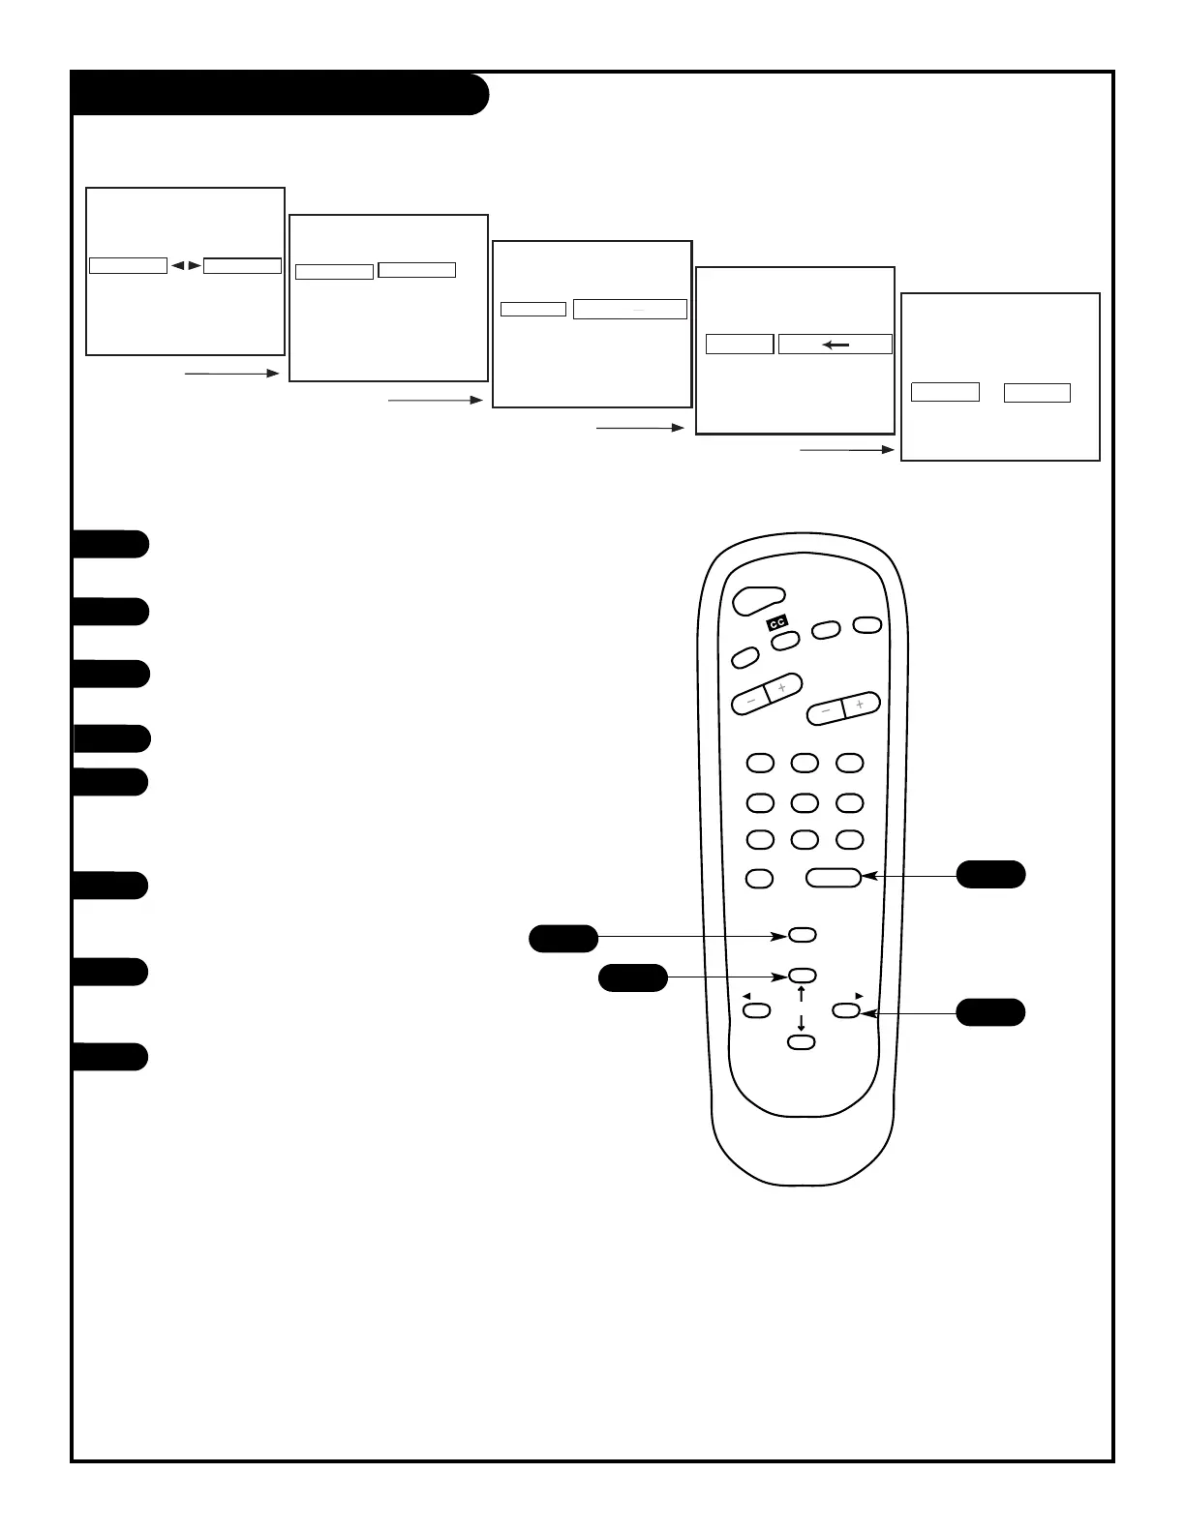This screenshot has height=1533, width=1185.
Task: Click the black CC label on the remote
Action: pos(777,623)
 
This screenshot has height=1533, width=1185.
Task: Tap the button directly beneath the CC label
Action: pos(785,640)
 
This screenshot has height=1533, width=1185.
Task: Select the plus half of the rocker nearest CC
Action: pos(783,687)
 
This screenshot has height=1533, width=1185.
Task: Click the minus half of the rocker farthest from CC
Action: pos(826,711)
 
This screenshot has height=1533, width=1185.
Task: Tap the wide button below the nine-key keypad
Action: pos(833,877)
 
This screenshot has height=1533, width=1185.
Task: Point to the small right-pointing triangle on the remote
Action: pos(859,995)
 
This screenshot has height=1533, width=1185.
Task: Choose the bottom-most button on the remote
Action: pos(801,1042)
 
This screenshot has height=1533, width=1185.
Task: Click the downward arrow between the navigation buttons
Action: pos(802,1024)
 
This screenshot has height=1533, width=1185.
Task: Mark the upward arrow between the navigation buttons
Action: pos(802,993)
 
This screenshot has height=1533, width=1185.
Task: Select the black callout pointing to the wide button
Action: pos(990,874)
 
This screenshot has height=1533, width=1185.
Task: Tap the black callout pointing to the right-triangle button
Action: pos(990,1012)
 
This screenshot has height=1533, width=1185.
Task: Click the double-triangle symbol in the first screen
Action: pos(186,264)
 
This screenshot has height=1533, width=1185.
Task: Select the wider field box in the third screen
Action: pos(630,309)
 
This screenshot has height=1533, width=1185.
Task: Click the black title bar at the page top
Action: pos(280,94)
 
